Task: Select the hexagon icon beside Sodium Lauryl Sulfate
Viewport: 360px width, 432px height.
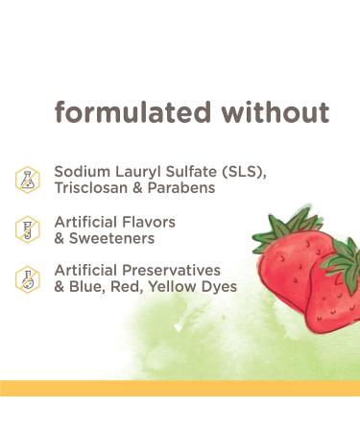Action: click(x=28, y=179)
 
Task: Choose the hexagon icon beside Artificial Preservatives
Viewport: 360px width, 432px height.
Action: click(x=28, y=278)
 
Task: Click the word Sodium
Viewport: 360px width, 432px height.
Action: click(x=80, y=171)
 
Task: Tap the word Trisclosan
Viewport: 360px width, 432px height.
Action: click(x=94, y=188)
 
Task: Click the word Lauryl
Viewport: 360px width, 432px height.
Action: click(x=133, y=171)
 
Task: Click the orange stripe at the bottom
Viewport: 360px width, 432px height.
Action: click(x=180, y=387)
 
